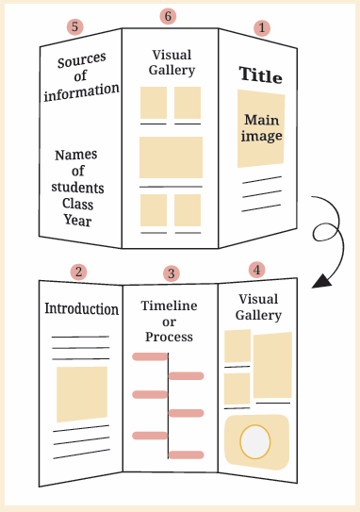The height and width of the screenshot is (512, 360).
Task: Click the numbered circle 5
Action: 75,26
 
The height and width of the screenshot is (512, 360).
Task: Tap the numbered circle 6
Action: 168,16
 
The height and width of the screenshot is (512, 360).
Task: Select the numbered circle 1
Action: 262,28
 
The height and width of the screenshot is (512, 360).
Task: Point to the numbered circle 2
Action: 78,272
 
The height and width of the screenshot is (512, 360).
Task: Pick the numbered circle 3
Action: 172,273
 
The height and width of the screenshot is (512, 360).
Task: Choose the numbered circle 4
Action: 257,270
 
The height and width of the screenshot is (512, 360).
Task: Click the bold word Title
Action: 260,75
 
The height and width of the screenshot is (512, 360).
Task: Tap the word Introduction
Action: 82,308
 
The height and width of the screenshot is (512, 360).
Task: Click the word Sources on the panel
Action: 82,60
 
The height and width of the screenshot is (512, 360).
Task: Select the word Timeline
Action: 169,306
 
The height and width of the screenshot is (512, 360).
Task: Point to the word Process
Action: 169,337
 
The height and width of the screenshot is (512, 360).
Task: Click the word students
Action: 77,188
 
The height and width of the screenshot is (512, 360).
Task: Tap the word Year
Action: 77,220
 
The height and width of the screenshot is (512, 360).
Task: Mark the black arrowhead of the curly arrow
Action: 321,281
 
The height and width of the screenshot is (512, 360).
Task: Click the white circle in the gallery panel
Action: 255,442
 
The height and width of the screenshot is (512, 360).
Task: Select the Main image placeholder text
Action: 262,128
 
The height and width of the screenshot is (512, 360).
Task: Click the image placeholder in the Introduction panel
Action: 82,394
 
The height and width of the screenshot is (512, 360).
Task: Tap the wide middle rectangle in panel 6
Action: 171,157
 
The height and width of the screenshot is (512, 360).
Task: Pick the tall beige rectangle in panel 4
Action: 272,365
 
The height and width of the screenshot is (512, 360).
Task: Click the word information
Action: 82,92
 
